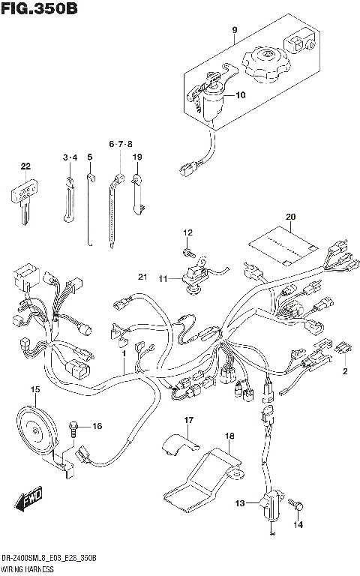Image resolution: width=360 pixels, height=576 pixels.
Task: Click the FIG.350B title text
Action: coord(40,10)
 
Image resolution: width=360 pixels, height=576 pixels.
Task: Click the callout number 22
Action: coord(25,166)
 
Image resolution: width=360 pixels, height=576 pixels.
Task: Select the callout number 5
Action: coord(89,157)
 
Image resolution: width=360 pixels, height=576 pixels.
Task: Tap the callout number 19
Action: coord(137,157)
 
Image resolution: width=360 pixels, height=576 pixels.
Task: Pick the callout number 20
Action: coord(290,218)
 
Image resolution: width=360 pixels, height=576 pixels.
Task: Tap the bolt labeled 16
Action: coord(73,427)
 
